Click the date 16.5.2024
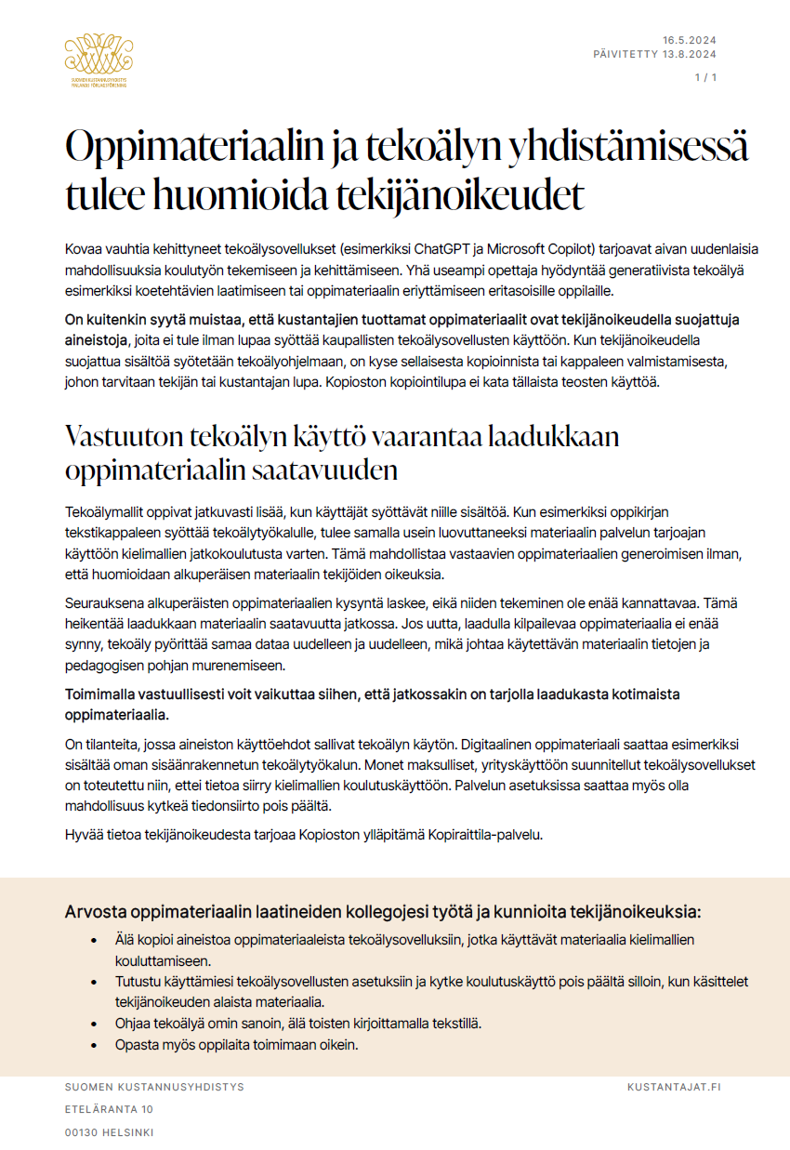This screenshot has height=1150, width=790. pos(690,40)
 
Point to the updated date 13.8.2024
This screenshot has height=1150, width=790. pos(690,54)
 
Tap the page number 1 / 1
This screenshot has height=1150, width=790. pos(706,77)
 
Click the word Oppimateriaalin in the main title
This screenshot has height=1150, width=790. pos(191,150)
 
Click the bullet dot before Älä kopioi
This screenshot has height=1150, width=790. pos(94,941)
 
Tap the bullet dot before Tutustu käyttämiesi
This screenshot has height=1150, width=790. pos(94,982)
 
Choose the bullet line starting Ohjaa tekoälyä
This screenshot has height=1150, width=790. pos(298,1023)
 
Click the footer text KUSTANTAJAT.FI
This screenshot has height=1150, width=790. pos(674,1087)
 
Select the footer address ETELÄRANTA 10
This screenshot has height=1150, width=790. pos(109,1109)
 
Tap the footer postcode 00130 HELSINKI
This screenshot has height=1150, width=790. pos(109,1132)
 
